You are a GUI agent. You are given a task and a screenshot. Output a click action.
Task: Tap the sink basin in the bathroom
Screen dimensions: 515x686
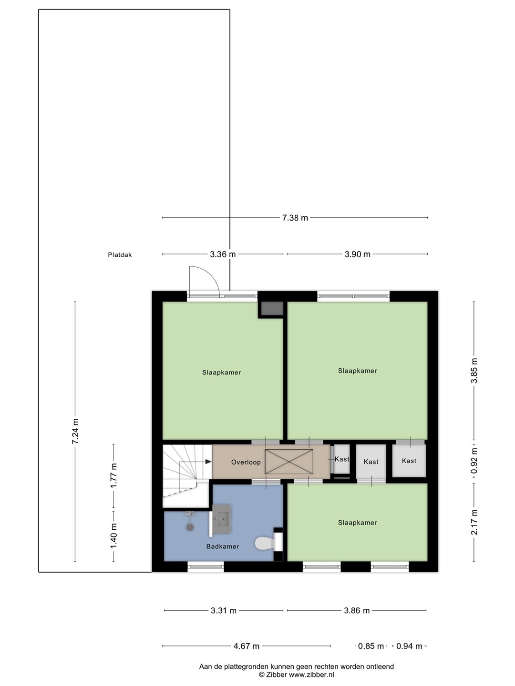[222, 519]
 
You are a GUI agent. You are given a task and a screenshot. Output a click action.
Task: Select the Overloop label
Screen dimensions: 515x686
[246, 462]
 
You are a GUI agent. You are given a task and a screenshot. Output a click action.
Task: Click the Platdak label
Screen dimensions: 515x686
[120, 255]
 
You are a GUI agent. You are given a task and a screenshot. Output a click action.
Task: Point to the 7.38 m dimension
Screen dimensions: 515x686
[295, 218]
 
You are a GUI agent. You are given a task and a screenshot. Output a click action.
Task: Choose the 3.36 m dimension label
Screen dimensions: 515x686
[223, 254]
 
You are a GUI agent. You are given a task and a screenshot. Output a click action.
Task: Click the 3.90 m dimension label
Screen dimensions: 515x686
[358, 254]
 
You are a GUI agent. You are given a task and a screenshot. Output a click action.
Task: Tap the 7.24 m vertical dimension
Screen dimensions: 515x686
[75, 431]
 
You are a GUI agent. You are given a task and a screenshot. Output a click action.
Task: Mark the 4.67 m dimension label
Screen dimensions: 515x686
[247, 646]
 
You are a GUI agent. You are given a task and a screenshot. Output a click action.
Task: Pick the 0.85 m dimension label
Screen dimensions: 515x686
[371, 646]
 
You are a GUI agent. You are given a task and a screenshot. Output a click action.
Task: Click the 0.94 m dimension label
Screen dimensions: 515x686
[409, 646]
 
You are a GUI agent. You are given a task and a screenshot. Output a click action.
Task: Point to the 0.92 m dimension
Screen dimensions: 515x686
[474, 461]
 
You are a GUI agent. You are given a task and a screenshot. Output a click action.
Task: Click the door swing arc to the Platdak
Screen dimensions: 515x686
[210, 273]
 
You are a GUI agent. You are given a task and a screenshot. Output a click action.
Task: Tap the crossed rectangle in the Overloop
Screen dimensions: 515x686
[288, 462]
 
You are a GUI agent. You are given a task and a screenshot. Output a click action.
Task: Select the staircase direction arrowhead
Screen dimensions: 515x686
[208, 462]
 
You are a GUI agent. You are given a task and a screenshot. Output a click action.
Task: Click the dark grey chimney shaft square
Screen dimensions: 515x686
[272, 309]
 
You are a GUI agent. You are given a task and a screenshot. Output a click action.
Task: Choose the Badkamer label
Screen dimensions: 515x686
[223, 546]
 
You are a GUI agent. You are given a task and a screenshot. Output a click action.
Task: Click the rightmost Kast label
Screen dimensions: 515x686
[409, 461]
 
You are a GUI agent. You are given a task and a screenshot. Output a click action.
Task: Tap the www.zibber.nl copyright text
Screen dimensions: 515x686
[311, 675]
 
